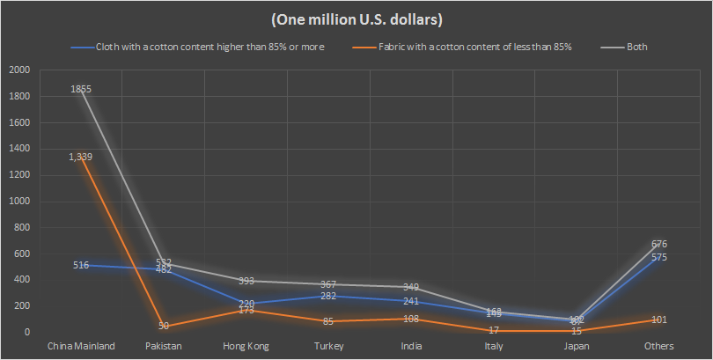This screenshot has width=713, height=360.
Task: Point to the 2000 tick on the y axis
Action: click(x=18, y=70)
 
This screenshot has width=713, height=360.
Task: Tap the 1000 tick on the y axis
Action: click(x=18, y=202)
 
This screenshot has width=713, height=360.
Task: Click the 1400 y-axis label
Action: click(x=18, y=149)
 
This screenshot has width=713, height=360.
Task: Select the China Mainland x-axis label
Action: click(x=81, y=346)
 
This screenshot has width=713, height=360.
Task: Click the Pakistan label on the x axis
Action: click(x=164, y=346)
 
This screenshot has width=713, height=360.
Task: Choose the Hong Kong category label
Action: click(x=246, y=346)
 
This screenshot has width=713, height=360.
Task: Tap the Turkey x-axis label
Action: click(x=328, y=346)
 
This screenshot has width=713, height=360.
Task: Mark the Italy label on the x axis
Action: click(x=494, y=346)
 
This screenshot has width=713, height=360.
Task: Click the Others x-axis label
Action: click(x=659, y=346)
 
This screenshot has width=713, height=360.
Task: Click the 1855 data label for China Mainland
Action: click(x=81, y=89)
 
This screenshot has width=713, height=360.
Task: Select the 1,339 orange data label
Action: click(x=81, y=157)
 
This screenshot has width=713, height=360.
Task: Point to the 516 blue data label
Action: click(x=81, y=265)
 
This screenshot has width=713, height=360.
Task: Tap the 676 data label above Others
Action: click(x=659, y=244)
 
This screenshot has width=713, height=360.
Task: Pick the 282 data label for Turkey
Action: click(x=328, y=296)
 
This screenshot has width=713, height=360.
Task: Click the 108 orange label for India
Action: click(x=411, y=319)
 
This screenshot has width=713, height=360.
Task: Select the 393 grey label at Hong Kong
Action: click(x=246, y=281)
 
